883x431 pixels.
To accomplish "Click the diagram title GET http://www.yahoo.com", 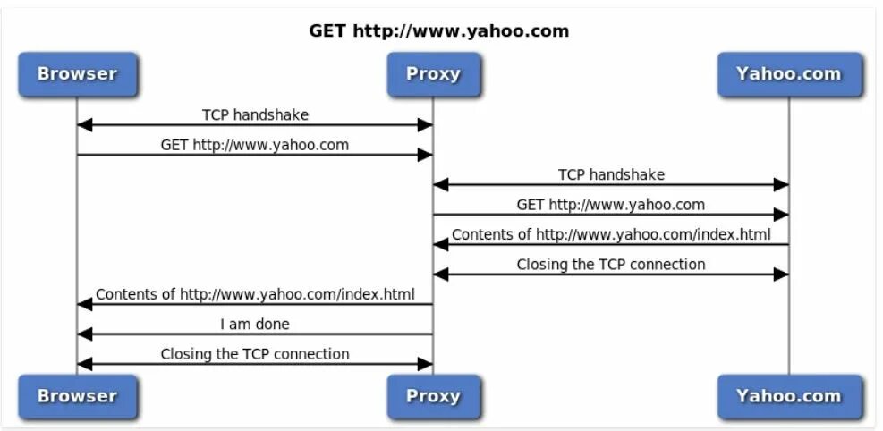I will pos(438,31).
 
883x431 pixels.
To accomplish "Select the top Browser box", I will pos(77,74).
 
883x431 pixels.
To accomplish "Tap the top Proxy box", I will pos(433,74).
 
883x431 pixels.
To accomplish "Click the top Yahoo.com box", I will pos(788,74).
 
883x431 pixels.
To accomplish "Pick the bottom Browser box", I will pos(77,396).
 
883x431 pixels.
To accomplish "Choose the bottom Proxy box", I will pos(433,396).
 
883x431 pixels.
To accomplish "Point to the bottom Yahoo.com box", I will pos(788,396).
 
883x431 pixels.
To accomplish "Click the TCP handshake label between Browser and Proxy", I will pos(255,114).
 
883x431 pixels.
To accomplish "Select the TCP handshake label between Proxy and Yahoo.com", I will pos(611,174).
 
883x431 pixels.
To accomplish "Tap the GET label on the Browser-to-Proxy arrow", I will pos(255,144).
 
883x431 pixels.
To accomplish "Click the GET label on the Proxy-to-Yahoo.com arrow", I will pos(611,204).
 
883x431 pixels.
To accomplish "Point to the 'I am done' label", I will pos(255,324).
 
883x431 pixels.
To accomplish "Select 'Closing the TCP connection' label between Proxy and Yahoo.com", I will pos(611,264).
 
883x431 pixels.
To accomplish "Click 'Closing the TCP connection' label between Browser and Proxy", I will pos(255,353).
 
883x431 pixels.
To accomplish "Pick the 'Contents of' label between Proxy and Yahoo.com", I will pos(611,234).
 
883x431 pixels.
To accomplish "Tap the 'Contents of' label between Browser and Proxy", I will pos(255,293).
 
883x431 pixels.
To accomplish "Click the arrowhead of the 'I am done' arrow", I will pos(84,334).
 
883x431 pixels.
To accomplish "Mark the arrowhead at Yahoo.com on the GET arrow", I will pos(781,215).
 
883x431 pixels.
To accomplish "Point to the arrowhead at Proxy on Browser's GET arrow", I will pos(426,155).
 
